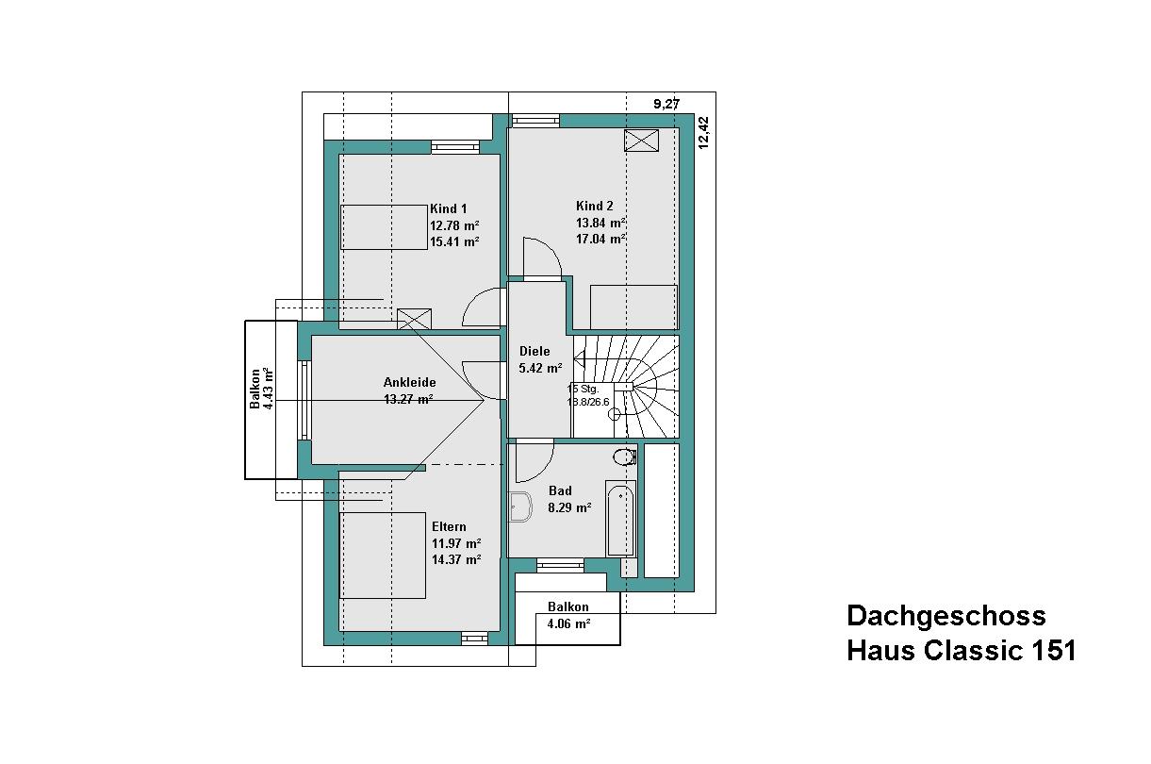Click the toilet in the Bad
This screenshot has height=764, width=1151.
(625, 457)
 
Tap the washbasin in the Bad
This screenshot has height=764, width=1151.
(519, 507)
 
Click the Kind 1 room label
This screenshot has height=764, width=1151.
(448, 208)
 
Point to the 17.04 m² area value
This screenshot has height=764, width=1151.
(600, 239)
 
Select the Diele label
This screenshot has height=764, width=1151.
(534, 351)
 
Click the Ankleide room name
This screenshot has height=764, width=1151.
(409, 382)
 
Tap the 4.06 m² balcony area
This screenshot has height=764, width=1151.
(568, 624)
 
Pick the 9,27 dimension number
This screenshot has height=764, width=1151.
(666, 104)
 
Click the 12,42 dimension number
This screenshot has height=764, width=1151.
(703, 133)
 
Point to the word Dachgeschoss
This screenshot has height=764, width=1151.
(946, 616)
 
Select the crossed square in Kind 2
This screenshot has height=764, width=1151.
(641, 141)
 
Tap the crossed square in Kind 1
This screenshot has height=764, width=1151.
(414, 319)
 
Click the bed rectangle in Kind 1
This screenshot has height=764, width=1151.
(384, 227)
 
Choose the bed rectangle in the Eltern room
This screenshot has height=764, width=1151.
(382, 556)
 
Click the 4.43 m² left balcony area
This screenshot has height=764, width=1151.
(268, 389)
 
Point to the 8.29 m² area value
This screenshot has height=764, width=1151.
(569, 508)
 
